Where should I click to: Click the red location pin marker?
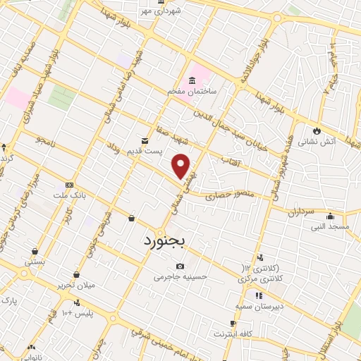click(x=182, y=166)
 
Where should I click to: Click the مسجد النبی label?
click(x=329, y=227)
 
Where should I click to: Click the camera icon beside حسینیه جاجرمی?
click(x=180, y=266)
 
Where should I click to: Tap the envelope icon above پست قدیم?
click(x=145, y=140)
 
